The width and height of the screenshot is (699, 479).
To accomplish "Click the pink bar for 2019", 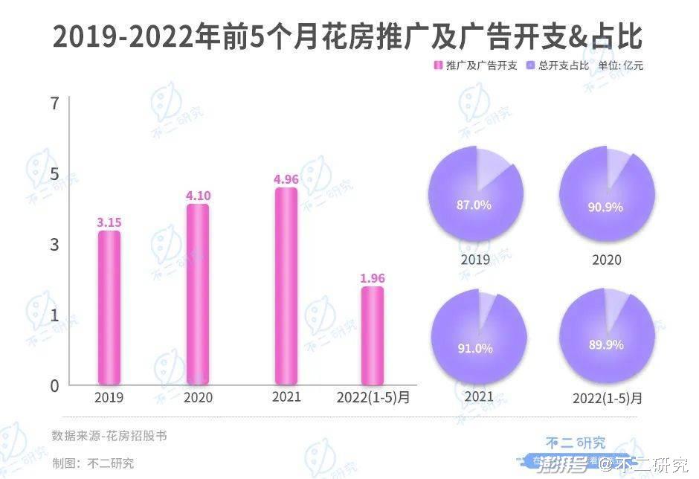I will (109, 308).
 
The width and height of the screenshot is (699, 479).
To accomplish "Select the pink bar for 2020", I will (198, 295).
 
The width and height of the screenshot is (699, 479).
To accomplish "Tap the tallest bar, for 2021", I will (286, 286).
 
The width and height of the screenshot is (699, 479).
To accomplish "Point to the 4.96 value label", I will (286, 179).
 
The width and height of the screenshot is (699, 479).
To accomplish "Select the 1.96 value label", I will (373, 278).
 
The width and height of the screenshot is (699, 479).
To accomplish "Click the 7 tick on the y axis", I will (54, 103).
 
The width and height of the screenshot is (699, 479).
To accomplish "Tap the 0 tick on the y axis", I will (54, 385).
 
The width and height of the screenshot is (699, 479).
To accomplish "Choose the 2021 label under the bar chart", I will (286, 397).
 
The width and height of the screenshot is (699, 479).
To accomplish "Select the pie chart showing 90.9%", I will (607, 194).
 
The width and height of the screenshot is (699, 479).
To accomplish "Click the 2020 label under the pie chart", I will (607, 260).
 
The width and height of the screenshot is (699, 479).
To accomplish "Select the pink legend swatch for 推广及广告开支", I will (438, 65).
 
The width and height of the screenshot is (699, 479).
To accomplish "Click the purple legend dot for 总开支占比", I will (529, 65).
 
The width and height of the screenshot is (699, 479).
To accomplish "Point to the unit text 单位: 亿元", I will (621, 65).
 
